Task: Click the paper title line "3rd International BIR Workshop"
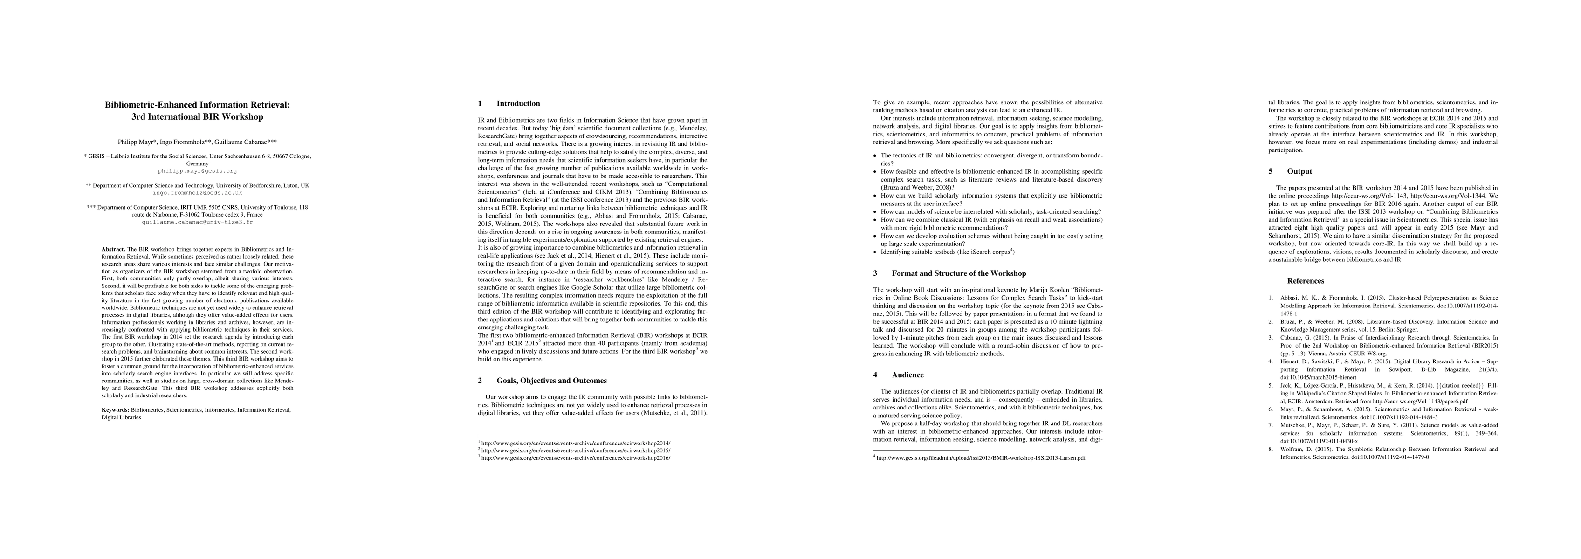(x=197, y=116)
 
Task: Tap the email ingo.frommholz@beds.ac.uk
(x=197, y=193)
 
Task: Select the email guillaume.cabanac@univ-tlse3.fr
(x=197, y=222)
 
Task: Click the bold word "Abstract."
(x=114, y=249)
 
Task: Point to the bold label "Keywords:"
(x=116, y=409)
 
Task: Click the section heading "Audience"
(x=908, y=375)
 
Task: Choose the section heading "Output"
(x=1299, y=171)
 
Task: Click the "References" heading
(x=1306, y=281)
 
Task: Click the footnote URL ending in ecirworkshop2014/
(x=576, y=443)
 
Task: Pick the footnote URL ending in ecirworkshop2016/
(x=576, y=458)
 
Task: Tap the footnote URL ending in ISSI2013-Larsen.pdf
(x=981, y=458)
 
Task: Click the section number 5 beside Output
(x=1271, y=171)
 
